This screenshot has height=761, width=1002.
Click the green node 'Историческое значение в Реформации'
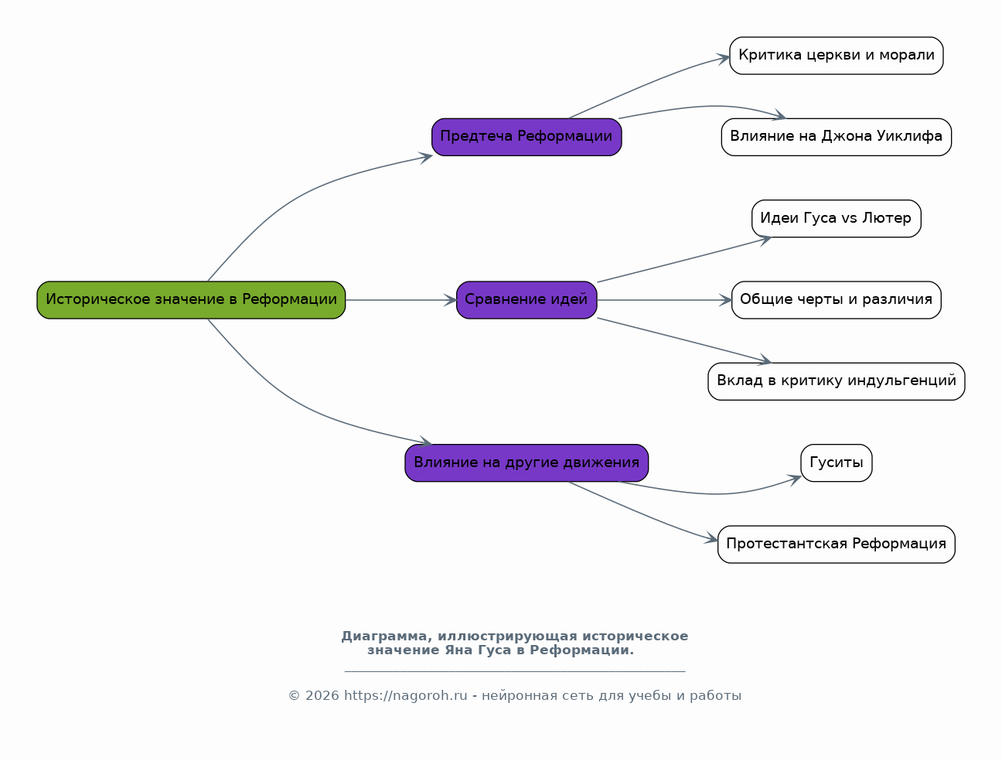[191, 300]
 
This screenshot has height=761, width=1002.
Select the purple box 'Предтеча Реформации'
[527, 137]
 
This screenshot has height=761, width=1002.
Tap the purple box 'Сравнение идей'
[527, 300]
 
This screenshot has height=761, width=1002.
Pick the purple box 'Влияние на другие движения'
[527, 463]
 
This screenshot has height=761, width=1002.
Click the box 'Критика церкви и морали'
[837, 56]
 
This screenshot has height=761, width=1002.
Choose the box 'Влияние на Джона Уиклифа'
[837, 137]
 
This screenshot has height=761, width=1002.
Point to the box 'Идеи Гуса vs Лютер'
[837, 219]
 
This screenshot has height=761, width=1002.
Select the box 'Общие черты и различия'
[837, 300]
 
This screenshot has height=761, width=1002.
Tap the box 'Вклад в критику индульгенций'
[837, 381]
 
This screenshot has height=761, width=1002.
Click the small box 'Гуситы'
[837, 463]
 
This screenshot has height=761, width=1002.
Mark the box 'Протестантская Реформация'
[837, 544]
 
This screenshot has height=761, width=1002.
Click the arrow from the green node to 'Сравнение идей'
[400, 300]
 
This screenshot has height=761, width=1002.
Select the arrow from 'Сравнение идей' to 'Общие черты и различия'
[664, 300]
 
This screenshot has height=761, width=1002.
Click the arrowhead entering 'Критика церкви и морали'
[723, 59]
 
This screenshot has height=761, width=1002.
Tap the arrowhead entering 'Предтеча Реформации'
[426, 158]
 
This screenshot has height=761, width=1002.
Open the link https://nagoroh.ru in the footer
[405, 696]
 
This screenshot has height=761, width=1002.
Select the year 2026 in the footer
[322, 696]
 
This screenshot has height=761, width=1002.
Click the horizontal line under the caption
[515, 671]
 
